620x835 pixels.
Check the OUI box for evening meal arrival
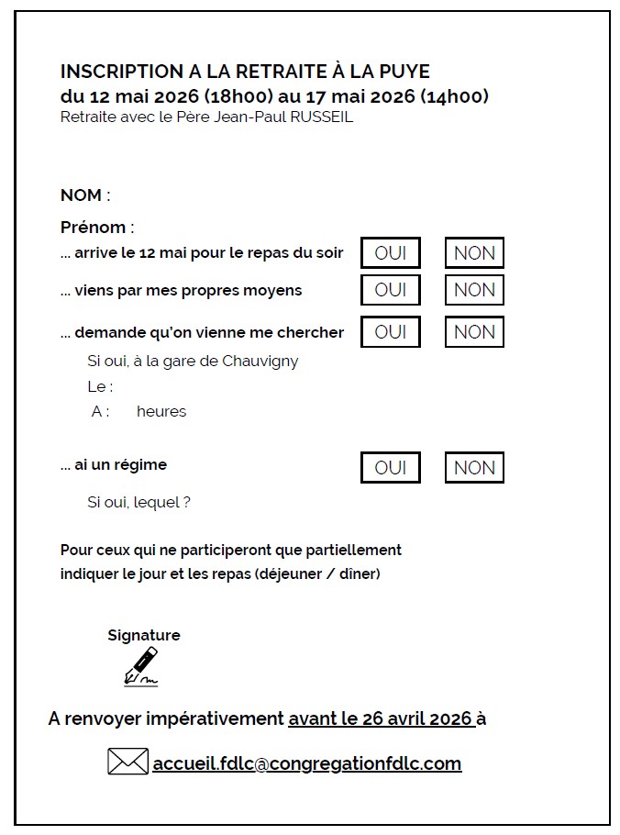click(391, 253)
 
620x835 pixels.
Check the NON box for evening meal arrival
click(474, 253)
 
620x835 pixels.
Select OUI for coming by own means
click(391, 290)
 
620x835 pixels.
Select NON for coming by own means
click(474, 290)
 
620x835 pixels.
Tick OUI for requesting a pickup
click(391, 332)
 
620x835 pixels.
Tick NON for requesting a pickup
click(474, 332)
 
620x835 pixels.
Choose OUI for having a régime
click(391, 467)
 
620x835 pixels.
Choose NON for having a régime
click(474, 467)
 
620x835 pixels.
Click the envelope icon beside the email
click(127, 762)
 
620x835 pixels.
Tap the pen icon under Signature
click(141, 666)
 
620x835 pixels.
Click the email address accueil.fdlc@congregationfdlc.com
click(307, 763)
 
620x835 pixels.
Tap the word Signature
click(144, 635)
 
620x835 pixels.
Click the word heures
click(161, 411)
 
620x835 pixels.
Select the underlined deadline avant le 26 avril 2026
click(381, 718)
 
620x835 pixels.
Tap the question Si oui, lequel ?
click(138, 502)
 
